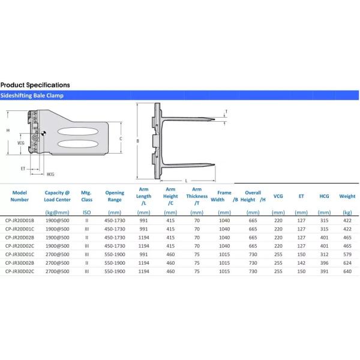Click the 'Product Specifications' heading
(35, 85)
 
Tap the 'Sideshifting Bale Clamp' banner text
(32, 95)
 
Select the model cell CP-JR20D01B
(20, 220)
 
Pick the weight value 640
(347, 271)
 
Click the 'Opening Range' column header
(115, 196)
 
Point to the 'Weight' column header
(347, 196)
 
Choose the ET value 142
(301, 263)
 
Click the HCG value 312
(324, 254)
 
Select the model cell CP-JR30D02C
(20, 271)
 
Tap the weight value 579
(347, 254)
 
